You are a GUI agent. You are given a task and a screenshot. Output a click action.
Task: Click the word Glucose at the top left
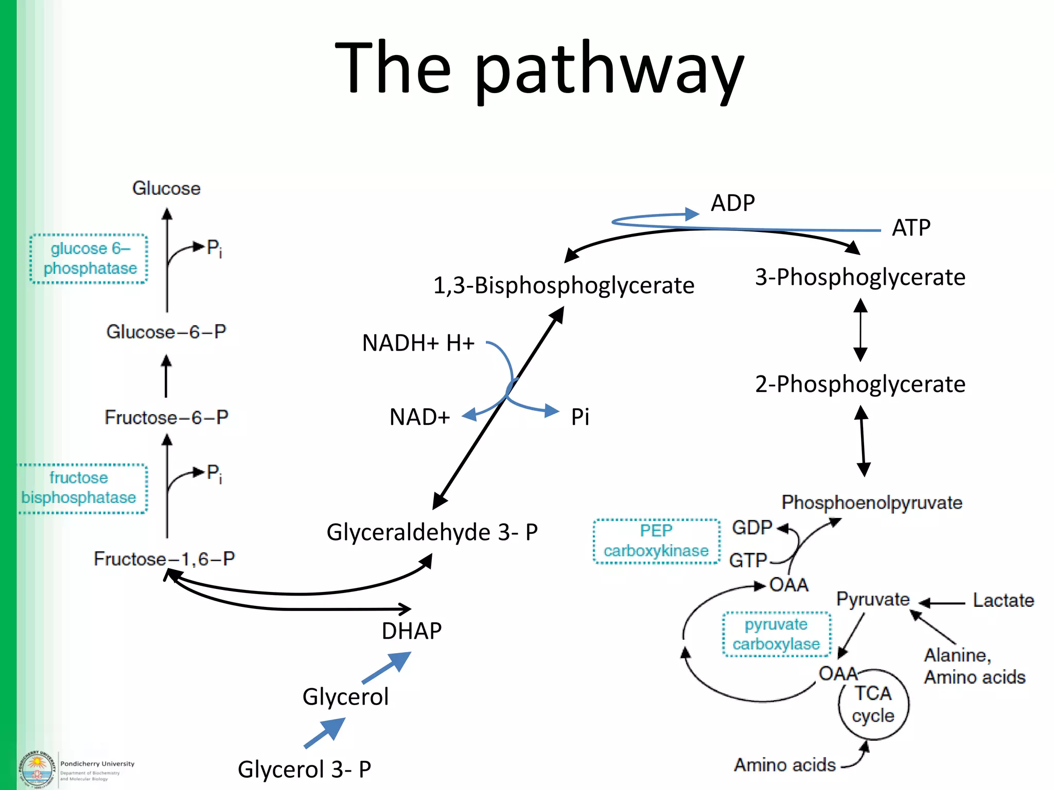tap(166, 188)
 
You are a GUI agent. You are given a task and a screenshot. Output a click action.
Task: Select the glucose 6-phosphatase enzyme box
tap(89, 258)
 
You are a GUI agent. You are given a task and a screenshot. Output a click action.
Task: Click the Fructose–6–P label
tap(166, 417)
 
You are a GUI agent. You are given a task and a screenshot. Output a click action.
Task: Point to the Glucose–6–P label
tap(166, 332)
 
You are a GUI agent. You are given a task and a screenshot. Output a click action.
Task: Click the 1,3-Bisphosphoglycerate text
tap(564, 285)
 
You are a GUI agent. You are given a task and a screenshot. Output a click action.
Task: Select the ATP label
tap(911, 227)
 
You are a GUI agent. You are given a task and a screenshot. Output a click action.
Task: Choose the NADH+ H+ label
tap(418, 343)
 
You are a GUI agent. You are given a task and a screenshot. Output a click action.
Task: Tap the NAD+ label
tap(419, 417)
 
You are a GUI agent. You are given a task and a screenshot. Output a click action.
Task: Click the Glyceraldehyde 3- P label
tap(432, 532)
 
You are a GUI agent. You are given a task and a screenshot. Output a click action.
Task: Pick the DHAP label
tap(411, 631)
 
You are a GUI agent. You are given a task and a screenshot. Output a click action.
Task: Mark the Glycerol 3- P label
tap(304, 769)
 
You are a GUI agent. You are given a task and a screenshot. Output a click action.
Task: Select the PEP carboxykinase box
tap(656, 541)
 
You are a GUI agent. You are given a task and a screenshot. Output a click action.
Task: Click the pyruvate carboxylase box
tap(776, 634)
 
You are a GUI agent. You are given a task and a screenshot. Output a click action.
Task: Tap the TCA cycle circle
tap(873, 705)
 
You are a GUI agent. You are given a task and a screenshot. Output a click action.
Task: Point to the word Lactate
tap(1003, 600)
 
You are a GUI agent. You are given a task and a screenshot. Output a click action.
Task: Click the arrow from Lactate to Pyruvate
tap(942, 603)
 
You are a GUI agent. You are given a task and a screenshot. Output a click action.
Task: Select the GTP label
tap(748, 560)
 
